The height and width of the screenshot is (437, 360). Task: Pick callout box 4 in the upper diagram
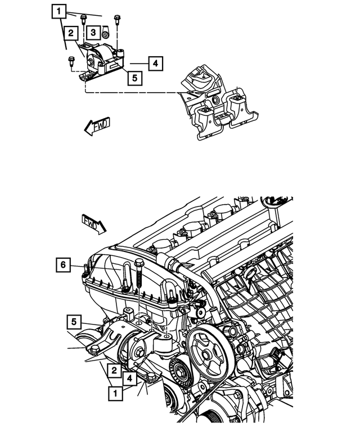pyautogui.click(x=156, y=64)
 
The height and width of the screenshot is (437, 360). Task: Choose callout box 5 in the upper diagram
pyautogui.click(x=134, y=78)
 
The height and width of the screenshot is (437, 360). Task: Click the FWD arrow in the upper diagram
pyautogui.click(x=97, y=127)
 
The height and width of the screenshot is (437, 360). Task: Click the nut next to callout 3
pyautogui.click(x=105, y=35)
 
